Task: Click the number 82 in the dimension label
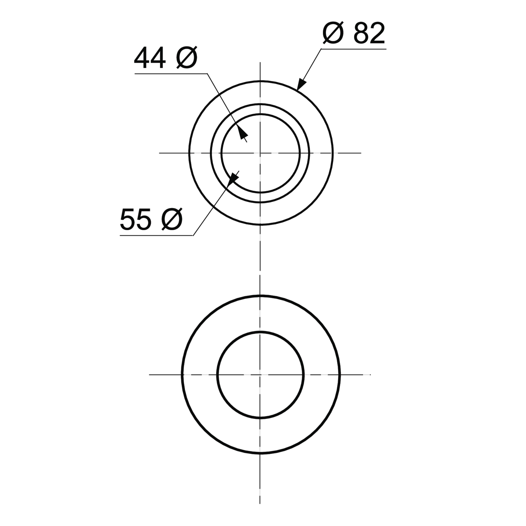coord(369,33)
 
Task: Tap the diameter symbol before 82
coord(333,33)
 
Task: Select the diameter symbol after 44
coord(187,58)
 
